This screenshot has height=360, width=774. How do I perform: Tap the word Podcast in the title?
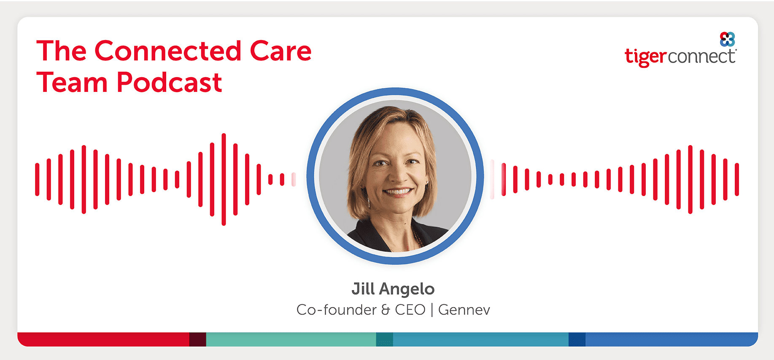[x=169, y=82]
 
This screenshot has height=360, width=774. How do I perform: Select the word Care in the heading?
[x=280, y=51]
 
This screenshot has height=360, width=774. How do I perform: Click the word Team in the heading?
[x=72, y=82]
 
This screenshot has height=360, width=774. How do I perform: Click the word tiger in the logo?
[x=646, y=57]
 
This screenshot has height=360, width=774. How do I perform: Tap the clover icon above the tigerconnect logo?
[x=727, y=39]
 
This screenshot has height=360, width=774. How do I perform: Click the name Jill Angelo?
[x=393, y=289]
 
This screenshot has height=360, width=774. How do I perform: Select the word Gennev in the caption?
[x=464, y=310]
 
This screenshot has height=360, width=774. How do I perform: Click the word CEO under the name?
[x=410, y=310]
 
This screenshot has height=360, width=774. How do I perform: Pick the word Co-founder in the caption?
[x=337, y=310]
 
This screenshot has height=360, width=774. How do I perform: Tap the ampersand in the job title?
[x=386, y=310]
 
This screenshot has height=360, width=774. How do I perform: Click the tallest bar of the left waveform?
[x=224, y=180]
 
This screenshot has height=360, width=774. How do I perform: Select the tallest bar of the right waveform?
[x=690, y=180]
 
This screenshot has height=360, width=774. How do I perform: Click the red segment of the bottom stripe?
[x=103, y=339]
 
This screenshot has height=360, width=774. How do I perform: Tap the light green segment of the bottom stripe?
[x=291, y=339]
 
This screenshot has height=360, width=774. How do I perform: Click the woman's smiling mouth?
[x=397, y=192]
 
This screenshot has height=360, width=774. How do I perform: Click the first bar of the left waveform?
[x=37, y=180]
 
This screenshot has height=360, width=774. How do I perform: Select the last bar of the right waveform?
[x=737, y=180]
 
